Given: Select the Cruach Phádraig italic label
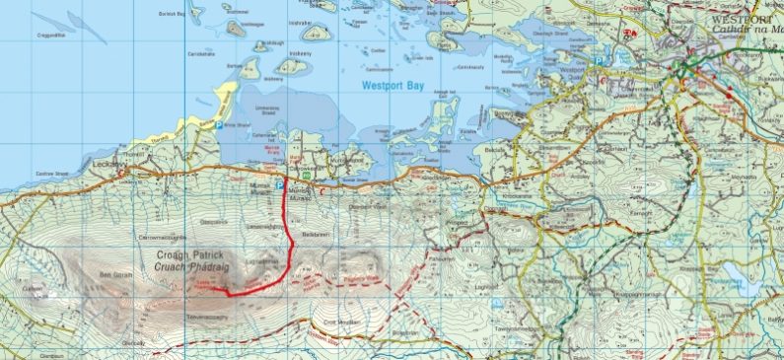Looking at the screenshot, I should [x=197, y=266].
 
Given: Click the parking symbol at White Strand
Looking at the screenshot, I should [x=219, y=124].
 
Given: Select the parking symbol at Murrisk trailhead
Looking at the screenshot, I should [x=279, y=185].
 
